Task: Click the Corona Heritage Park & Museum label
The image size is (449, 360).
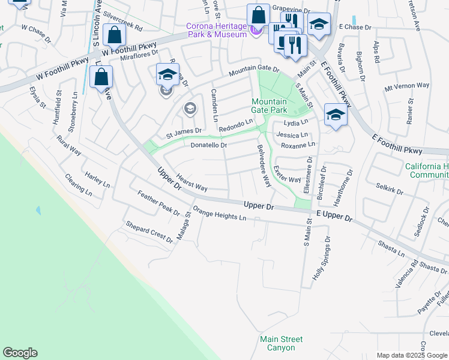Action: (217, 30)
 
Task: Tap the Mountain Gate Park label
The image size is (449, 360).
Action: (269, 106)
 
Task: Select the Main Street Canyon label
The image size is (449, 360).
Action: (277, 343)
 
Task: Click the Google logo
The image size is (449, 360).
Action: (20, 353)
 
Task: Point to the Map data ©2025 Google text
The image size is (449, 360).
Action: (412, 355)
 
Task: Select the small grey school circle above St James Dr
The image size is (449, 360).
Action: (190, 108)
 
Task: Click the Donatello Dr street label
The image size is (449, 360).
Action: (208, 145)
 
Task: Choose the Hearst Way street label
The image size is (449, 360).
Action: (192, 182)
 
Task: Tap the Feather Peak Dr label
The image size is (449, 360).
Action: (158, 203)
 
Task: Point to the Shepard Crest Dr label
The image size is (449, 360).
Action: (149, 231)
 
